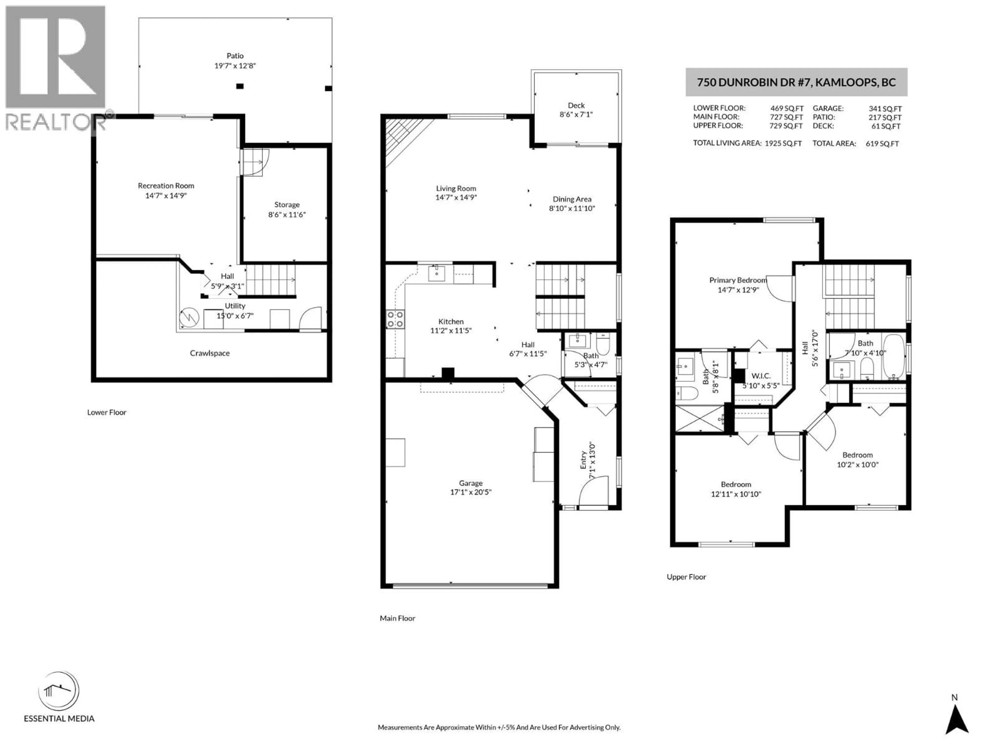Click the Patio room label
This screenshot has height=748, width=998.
click(235, 56)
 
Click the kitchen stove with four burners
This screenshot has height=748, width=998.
click(395, 319)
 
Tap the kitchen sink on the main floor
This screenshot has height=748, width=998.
click(436, 273)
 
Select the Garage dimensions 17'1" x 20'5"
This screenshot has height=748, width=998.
click(471, 492)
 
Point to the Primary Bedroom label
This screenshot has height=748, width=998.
click(738, 280)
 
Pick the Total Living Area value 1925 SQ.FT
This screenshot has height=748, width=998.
click(783, 143)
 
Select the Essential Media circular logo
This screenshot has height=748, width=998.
click(59, 691)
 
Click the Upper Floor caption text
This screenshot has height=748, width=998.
click(686, 577)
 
